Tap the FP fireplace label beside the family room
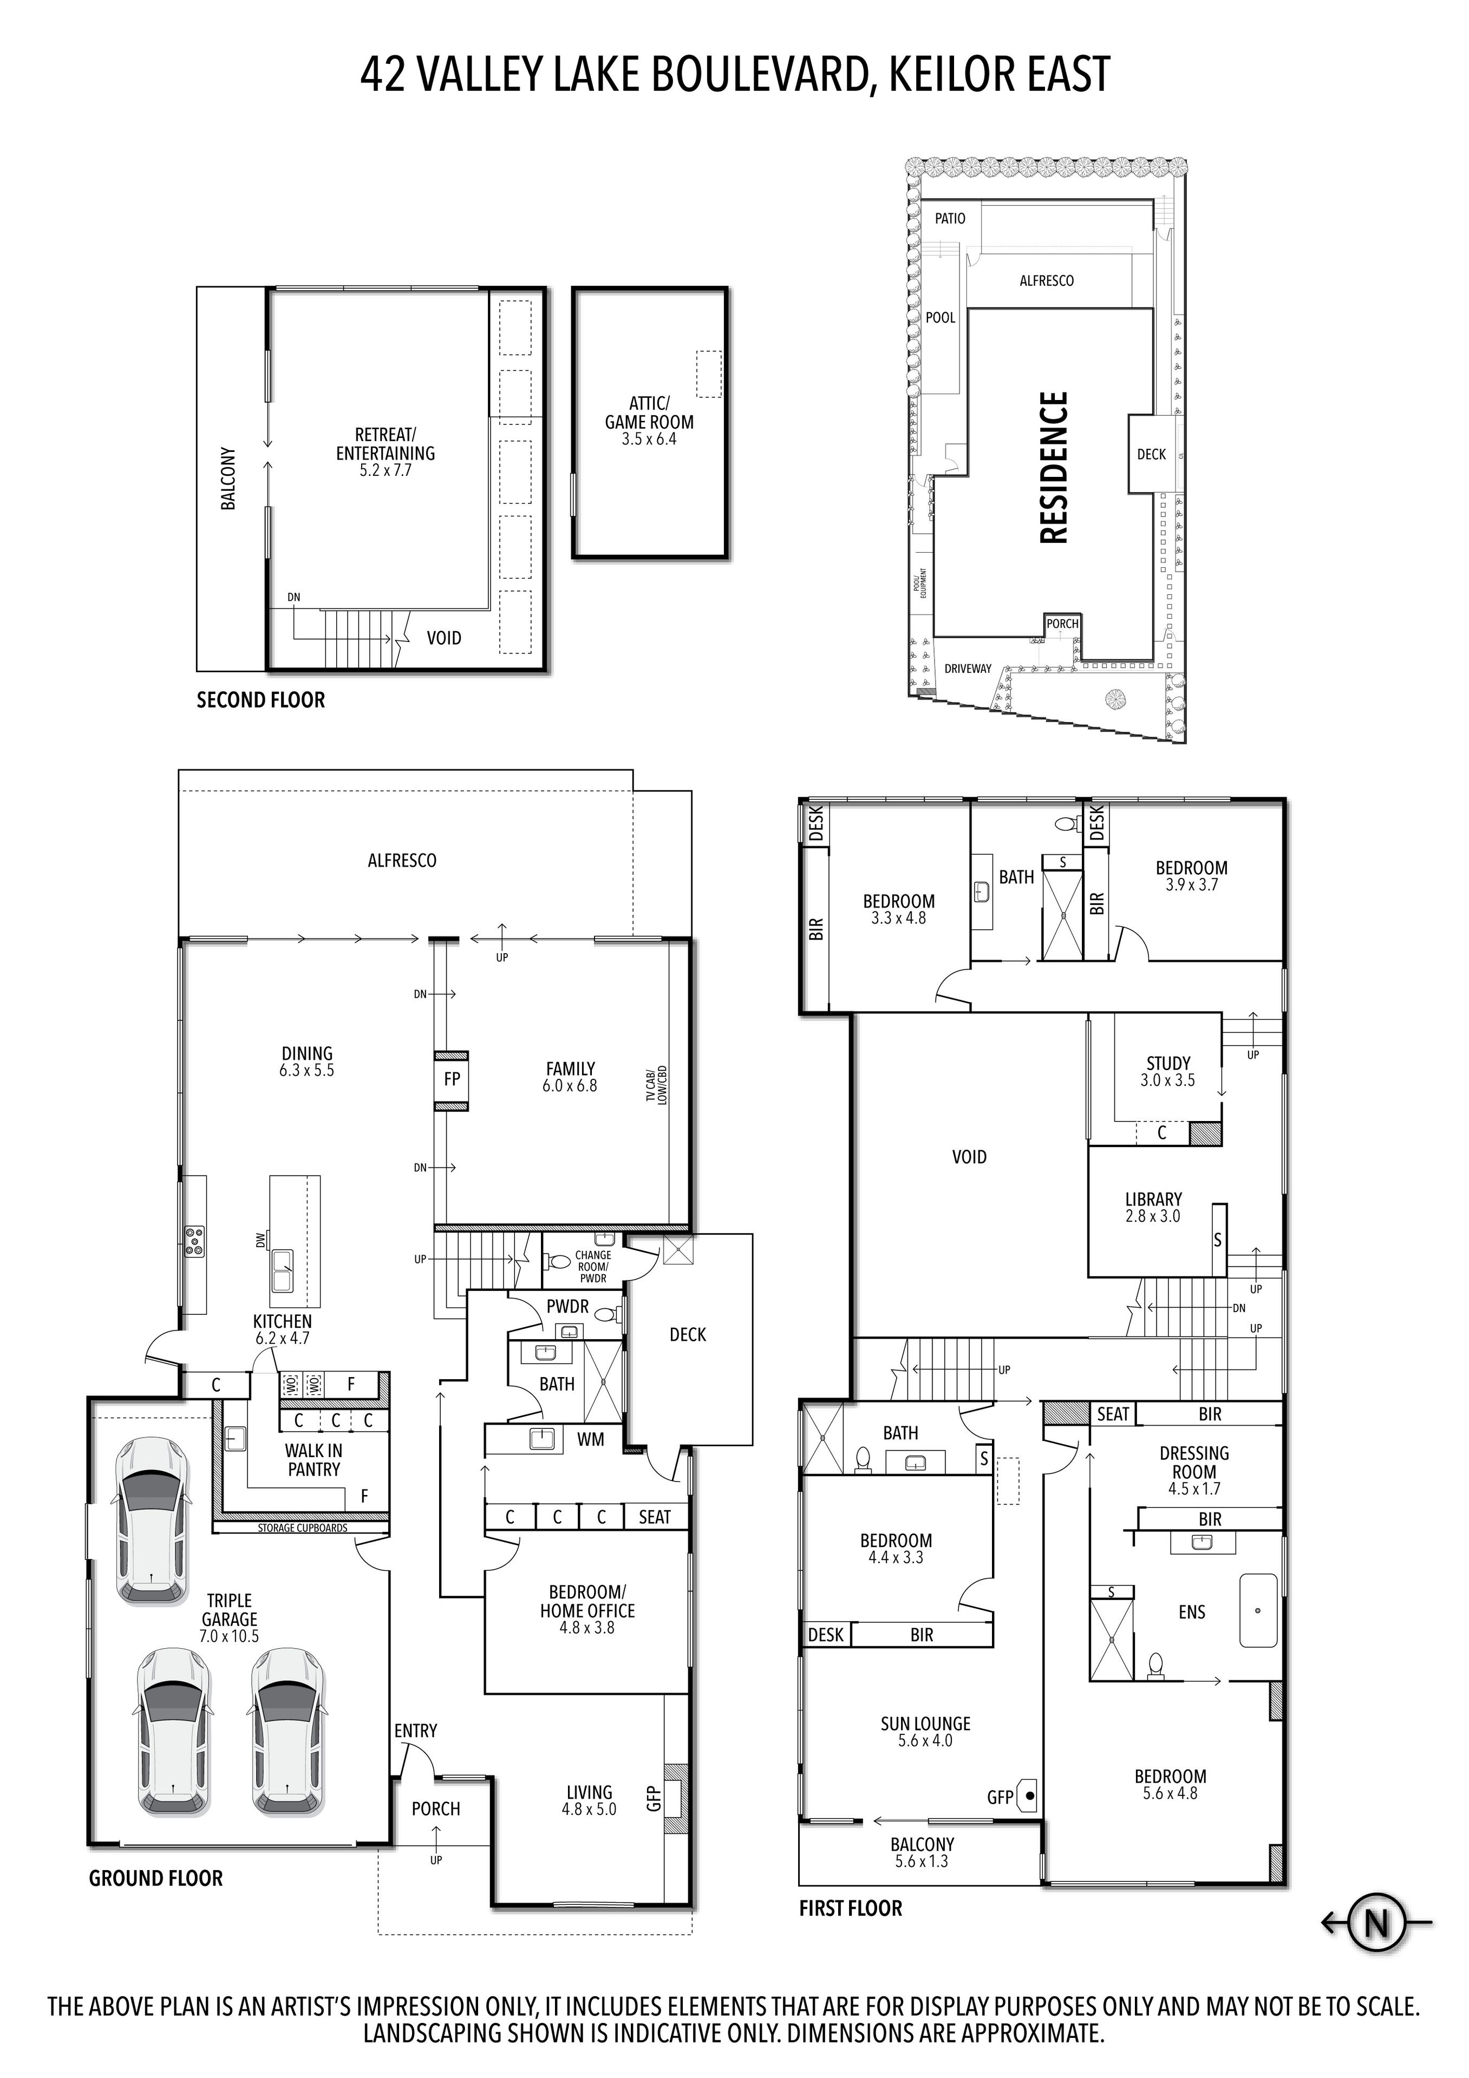coord(452,1079)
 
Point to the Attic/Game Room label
coord(649,421)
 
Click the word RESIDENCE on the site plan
coord(1054,467)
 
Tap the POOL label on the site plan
coord(941,318)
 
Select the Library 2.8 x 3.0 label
coord(1153,1207)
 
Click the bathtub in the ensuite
coord(1257,1610)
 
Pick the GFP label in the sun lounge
coord(1000,1798)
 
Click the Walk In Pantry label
coord(313,1460)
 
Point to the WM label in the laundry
coord(590,1439)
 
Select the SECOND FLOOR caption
coord(260,699)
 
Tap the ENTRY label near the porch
coord(415,1730)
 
